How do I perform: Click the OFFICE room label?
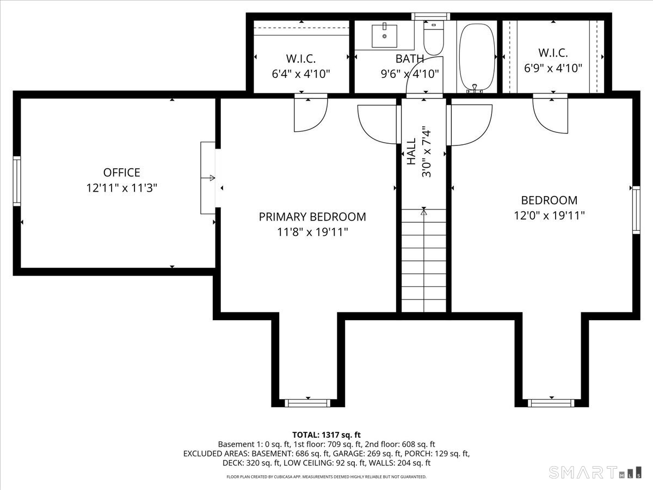[x=121, y=173]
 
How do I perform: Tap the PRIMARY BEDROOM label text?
[x=312, y=217]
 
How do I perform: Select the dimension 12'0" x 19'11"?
[x=549, y=215]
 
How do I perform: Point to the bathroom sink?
[x=385, y=35]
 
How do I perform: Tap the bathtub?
[x=477, y=57]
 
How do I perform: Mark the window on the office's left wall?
[x=17, y=181]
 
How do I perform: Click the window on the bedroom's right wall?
[x=636, y=210]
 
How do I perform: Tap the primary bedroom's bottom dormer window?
[x=308, y=403]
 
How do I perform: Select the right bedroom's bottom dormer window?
[x=551, y=403]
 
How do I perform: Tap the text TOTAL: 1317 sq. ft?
[x=326, y=434]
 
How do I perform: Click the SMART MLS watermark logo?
[x=595, y=472]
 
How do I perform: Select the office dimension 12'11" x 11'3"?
[x=121, y=188]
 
